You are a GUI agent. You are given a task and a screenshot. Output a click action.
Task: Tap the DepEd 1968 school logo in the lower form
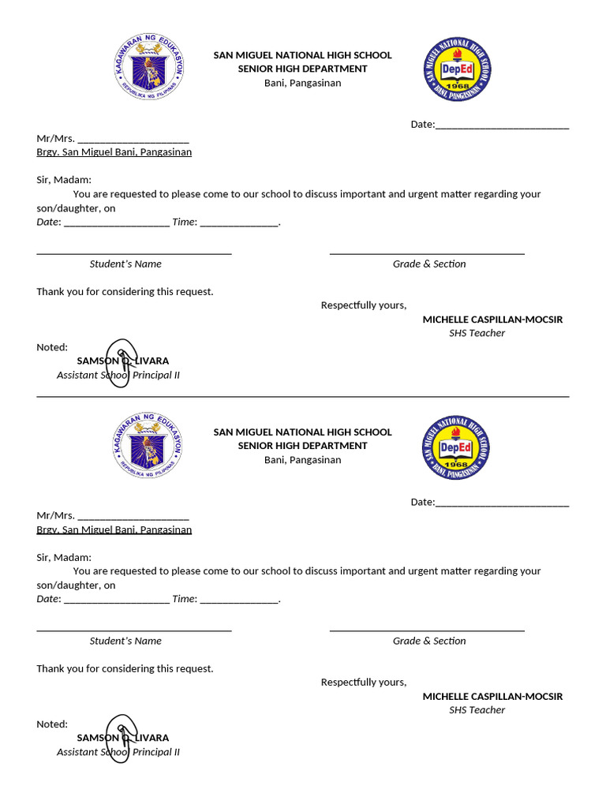455,447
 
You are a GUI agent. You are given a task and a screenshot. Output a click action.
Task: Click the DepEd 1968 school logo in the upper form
455,70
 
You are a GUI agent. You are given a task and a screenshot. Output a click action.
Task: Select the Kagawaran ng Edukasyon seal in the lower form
147,447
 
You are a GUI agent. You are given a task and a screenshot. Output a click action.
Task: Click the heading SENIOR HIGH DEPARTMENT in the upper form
302,69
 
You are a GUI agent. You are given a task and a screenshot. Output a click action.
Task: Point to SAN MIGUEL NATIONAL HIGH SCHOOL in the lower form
302,432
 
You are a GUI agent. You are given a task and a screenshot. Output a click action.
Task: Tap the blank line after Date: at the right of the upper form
502,125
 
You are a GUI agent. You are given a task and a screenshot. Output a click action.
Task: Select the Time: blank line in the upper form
239,223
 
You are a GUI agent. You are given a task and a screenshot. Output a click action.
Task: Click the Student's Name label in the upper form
125,264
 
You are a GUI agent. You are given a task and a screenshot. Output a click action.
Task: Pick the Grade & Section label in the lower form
429,642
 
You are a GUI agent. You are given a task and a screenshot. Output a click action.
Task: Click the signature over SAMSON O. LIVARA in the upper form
124,361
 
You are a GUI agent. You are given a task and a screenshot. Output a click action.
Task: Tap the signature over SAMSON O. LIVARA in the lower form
124,738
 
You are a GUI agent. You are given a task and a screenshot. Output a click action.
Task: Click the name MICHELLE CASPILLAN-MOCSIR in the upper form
492,320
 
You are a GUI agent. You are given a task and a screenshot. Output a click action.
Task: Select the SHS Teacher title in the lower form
477,710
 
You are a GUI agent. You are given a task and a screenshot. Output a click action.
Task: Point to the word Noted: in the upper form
52,347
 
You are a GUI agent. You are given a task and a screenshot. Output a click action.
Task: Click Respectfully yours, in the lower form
363,683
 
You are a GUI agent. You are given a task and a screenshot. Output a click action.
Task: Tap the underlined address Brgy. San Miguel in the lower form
114,529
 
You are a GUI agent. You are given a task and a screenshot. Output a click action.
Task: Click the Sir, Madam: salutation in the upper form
64,180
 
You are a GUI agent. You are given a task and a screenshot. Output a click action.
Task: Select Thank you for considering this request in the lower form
125,669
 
